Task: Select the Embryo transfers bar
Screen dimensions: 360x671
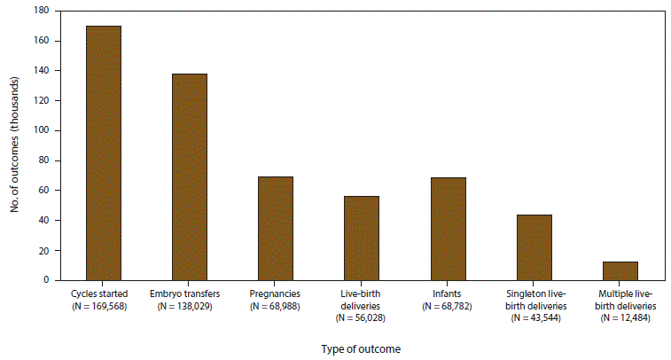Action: click(190, 176)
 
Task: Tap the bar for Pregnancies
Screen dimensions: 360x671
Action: click(276, 228)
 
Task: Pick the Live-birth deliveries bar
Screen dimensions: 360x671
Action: click(362, 238)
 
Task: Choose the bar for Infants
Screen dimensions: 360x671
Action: click(448, 229)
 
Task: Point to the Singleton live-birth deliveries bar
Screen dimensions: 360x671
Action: click(534, 247)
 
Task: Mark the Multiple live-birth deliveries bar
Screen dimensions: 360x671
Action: click(620, 270)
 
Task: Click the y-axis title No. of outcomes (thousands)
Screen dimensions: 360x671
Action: click(15, 146)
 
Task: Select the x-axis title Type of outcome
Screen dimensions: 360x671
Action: click(362, 349)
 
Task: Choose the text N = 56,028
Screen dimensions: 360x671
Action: click(362, 317)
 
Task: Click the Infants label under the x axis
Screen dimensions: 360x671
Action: click(448, 293)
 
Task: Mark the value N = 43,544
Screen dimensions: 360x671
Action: click(534, 317)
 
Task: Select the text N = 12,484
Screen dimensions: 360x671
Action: click(620, 317)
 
